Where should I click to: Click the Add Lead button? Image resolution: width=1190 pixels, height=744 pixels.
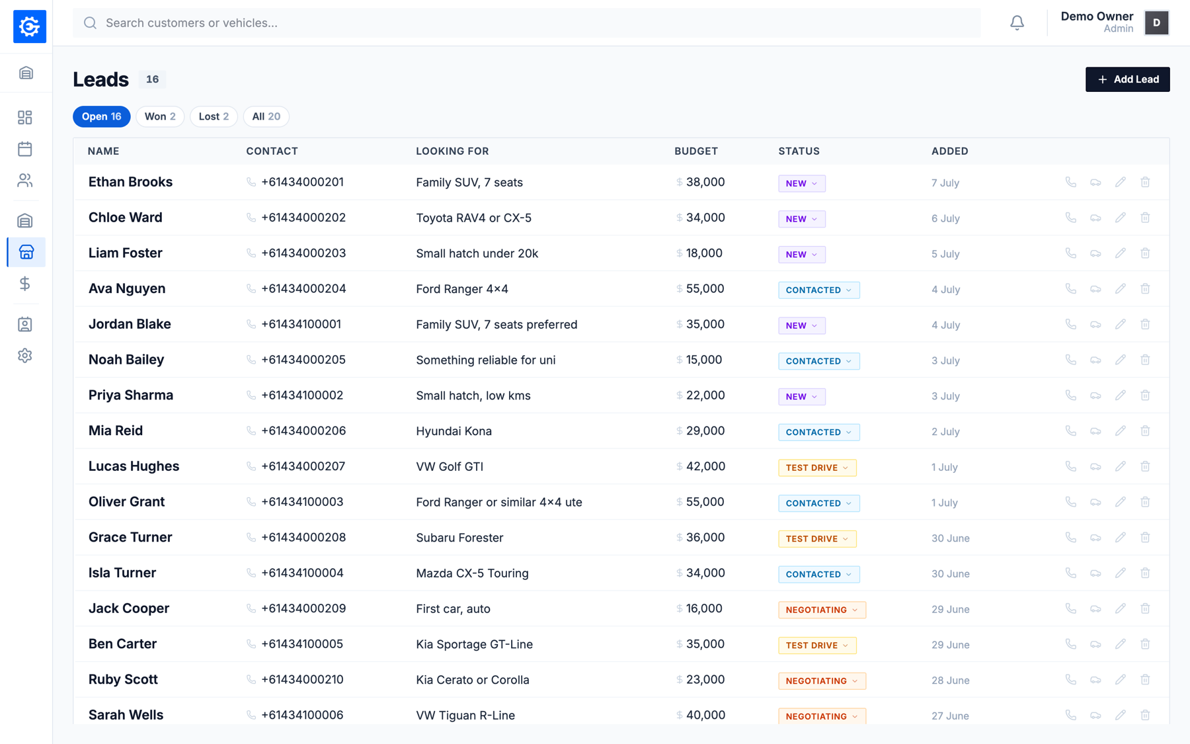(1127, 79)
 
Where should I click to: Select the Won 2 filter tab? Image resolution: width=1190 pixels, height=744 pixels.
(160, 116)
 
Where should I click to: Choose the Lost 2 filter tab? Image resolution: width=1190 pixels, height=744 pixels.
(214, 116)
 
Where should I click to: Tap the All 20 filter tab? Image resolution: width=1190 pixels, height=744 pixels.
(266, 116)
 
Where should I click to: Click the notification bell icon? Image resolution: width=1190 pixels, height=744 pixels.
(1017, 23)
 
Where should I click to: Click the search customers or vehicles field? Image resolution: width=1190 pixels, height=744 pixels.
(526, 23)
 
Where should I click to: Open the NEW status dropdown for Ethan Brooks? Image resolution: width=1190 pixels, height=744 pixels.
(801, 183)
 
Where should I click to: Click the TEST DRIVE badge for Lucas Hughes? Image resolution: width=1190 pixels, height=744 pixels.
(817, 468)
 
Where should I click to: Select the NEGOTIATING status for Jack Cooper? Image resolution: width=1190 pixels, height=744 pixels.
(822, 610)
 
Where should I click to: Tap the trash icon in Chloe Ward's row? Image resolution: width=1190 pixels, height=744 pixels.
(1145, 218)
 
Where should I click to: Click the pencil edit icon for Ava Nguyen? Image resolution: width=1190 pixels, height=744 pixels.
(1120, 289)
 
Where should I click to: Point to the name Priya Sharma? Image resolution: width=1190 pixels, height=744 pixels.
(131, 395)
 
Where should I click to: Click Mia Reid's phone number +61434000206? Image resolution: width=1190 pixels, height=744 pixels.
(303, 431)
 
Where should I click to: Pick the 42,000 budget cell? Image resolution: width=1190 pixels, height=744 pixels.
(705, 467)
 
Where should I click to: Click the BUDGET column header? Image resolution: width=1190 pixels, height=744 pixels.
(695, 151)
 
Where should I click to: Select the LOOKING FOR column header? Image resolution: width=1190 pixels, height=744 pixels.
(452, 151)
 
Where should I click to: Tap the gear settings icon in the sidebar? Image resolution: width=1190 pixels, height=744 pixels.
(25, 356)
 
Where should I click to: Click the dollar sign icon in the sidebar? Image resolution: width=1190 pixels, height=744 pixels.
(25, 284)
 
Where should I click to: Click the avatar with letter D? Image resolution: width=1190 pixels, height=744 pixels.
(1156, 23)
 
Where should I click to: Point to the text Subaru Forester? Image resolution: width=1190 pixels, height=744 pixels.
(459, 538)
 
